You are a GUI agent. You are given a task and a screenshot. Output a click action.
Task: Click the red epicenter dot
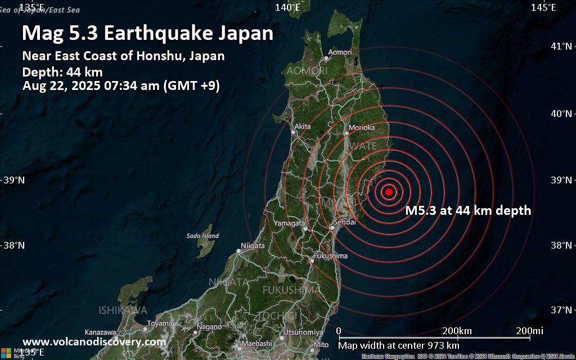click(x=389, y=192)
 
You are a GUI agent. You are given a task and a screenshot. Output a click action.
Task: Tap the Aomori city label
click(x=340, y=52)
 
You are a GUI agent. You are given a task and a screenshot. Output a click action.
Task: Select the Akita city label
click(x=302, y=127)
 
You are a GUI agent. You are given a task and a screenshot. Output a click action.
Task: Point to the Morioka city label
click(x=361, y=128)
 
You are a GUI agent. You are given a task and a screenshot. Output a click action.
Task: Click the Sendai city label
click(x=345, y=222)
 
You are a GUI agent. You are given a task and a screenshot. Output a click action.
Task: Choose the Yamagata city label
click(x=289, y=223)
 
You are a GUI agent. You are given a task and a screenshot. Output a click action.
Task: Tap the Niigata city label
click(x=252, y=245)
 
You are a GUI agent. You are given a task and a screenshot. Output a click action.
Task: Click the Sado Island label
click(x=202, y=236)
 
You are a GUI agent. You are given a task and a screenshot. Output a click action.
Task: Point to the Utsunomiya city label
click(x=303, y=332)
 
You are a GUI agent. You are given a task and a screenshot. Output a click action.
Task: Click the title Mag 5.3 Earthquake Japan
click(x=147, y=33)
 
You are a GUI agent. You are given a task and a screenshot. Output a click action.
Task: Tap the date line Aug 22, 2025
click(x=121, y=86)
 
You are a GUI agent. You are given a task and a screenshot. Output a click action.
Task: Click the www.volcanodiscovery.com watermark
click(x=94, y=341)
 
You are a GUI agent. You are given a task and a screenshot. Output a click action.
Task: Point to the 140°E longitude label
click(x=287, y=7)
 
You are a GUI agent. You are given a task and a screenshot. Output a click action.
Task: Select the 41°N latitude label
click(x=561, y=46)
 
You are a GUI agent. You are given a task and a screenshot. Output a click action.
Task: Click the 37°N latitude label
click(x=561, y=310)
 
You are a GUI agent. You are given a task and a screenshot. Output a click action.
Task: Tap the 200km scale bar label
click(x=457, y=330)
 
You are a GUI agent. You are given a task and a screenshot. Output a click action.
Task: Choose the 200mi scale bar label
click(x=529, y=330)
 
